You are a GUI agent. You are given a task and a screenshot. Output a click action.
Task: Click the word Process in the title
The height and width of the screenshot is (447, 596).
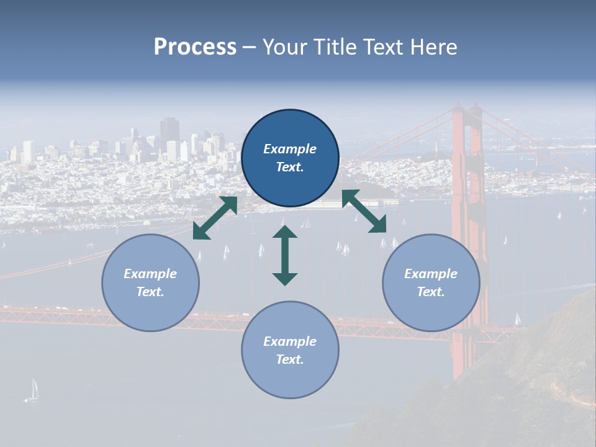click(195, 47)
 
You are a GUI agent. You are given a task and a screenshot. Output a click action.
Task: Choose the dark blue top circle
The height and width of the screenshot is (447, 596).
click(290, 158)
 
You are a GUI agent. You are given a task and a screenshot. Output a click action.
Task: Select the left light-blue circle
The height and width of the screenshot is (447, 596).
click(150, 282)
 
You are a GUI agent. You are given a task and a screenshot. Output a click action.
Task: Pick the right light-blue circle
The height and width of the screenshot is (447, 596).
click(431, 282)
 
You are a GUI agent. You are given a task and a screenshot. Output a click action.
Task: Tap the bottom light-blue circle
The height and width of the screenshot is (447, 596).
click(290, 350)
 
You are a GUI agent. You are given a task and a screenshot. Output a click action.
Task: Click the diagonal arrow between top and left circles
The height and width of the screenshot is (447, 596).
click(215, 218)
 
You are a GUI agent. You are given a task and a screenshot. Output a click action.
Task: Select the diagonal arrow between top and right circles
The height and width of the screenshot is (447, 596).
click(364, 212)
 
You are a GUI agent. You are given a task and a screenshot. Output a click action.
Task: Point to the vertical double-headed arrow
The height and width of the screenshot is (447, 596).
click(285, 255)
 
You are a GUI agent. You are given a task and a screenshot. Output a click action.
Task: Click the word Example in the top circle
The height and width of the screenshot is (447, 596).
click(290, 149)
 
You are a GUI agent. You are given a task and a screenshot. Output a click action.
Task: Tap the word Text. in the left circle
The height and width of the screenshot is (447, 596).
click(150, 292)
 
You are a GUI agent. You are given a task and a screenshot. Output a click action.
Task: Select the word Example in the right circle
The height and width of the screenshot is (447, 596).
click(431, 274)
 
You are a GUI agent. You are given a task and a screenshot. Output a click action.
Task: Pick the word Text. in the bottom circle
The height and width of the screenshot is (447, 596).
click(290, 359)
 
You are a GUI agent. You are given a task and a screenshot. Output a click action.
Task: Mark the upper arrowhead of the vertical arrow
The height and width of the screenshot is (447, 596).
click(285, 232)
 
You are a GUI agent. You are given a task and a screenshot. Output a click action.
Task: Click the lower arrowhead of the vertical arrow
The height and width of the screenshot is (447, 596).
click(285, 278)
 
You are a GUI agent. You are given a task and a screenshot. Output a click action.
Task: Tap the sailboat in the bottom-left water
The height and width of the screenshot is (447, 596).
click(34, 390)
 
